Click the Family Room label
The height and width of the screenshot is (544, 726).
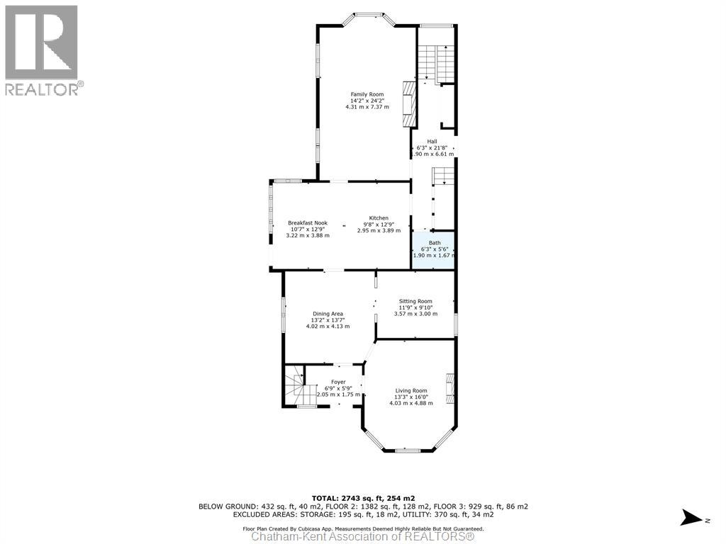367,94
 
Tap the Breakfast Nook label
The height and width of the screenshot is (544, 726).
308,223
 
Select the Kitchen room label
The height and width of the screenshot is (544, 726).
378,217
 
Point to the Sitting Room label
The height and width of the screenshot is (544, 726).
415,301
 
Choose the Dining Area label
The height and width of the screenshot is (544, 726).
328,314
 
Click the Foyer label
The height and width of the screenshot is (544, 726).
337,382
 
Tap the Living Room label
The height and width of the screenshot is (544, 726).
411,390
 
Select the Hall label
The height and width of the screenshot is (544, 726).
431,142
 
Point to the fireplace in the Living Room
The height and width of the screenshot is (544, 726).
449,388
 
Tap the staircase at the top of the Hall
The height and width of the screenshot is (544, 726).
434,62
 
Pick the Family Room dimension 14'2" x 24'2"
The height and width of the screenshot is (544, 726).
367,101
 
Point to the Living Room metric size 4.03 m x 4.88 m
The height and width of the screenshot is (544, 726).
411,403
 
